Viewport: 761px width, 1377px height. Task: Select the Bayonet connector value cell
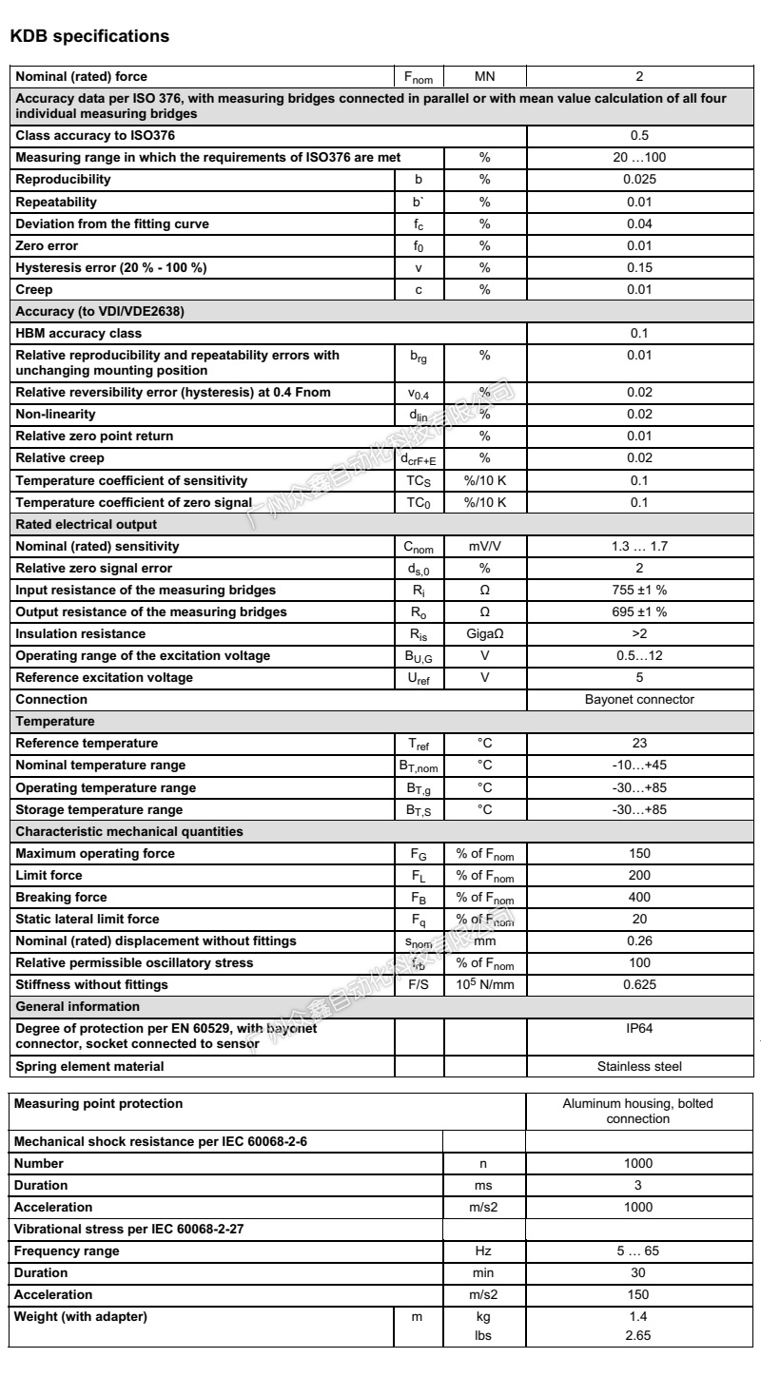click(x=639, y=700)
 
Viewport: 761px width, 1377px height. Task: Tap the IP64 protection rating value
click(x=639, y=1028)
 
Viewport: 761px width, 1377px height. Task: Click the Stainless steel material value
click(x=639, y=1066)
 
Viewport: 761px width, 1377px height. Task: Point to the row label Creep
click(x=34, y=289)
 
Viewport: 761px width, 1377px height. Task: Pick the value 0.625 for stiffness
click(x=639, y=984)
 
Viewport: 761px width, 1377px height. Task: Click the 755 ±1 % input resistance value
click(x=639, y=591)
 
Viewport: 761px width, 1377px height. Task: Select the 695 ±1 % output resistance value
click(x=639, y=612)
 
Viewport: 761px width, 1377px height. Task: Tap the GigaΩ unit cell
click(x=484, y=634)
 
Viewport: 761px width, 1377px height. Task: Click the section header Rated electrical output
click(x=87, y=524)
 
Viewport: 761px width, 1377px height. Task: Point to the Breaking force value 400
click(x=639, y=897)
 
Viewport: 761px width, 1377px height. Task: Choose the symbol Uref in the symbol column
click(x=419, y=678)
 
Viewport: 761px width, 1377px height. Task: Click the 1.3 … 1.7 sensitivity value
click(x=639, y=547)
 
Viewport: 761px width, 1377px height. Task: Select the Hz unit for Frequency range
click(x=484, y=1251)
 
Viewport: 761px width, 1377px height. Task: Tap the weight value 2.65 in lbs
click(x=639, y=1335)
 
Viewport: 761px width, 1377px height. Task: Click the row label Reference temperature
click(x=87, y=744)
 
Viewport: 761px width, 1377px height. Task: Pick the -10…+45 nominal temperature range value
click(x=639, y=766)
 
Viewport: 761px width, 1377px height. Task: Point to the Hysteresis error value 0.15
click(x=639, y=267)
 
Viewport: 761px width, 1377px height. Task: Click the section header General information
click(x=78, y=1006)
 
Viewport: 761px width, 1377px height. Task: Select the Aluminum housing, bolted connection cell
click(x=639, y=1111)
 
